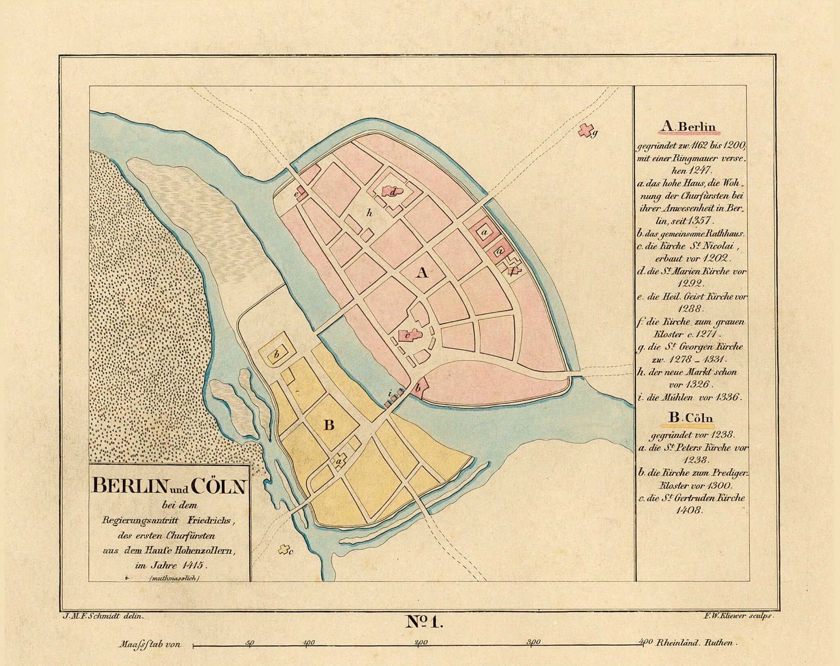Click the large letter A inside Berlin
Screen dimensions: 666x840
click(422, 272)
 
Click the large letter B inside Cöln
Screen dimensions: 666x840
click(329, 425)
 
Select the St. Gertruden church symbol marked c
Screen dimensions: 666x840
click(285, 550)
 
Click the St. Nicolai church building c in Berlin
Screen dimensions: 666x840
click(409, 335)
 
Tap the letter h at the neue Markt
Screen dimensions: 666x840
click(370, 212)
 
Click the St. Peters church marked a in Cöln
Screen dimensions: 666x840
click(339, 460)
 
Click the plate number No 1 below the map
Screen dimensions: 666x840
click(425, 622)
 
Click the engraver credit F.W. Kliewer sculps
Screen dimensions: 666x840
click(738, 616)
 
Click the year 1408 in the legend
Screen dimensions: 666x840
click(689, 510)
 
